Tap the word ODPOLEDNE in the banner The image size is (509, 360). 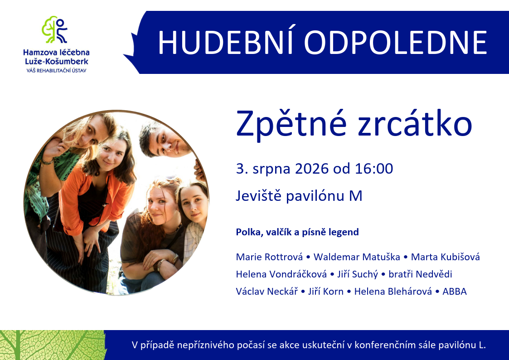click(x=396, y=43)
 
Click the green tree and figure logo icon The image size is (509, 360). click(x=54, y=29)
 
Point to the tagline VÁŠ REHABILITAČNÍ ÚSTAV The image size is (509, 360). click(x=57, y=70)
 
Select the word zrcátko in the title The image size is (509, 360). click(x=415, y=123)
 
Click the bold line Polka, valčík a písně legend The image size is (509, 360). click(x=297, y=232)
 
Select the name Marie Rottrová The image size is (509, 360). click(x=269, y=257)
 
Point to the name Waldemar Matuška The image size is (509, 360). click(x=357, y=257)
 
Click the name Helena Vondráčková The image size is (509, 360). click(x=281, y=274)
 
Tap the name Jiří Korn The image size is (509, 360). click(x=326, y=291)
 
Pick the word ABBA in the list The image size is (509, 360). click(x=455, y=291)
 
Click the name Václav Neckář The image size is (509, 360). click(x=267, y=291)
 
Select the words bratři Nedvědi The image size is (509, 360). click(x=420, y=274)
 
